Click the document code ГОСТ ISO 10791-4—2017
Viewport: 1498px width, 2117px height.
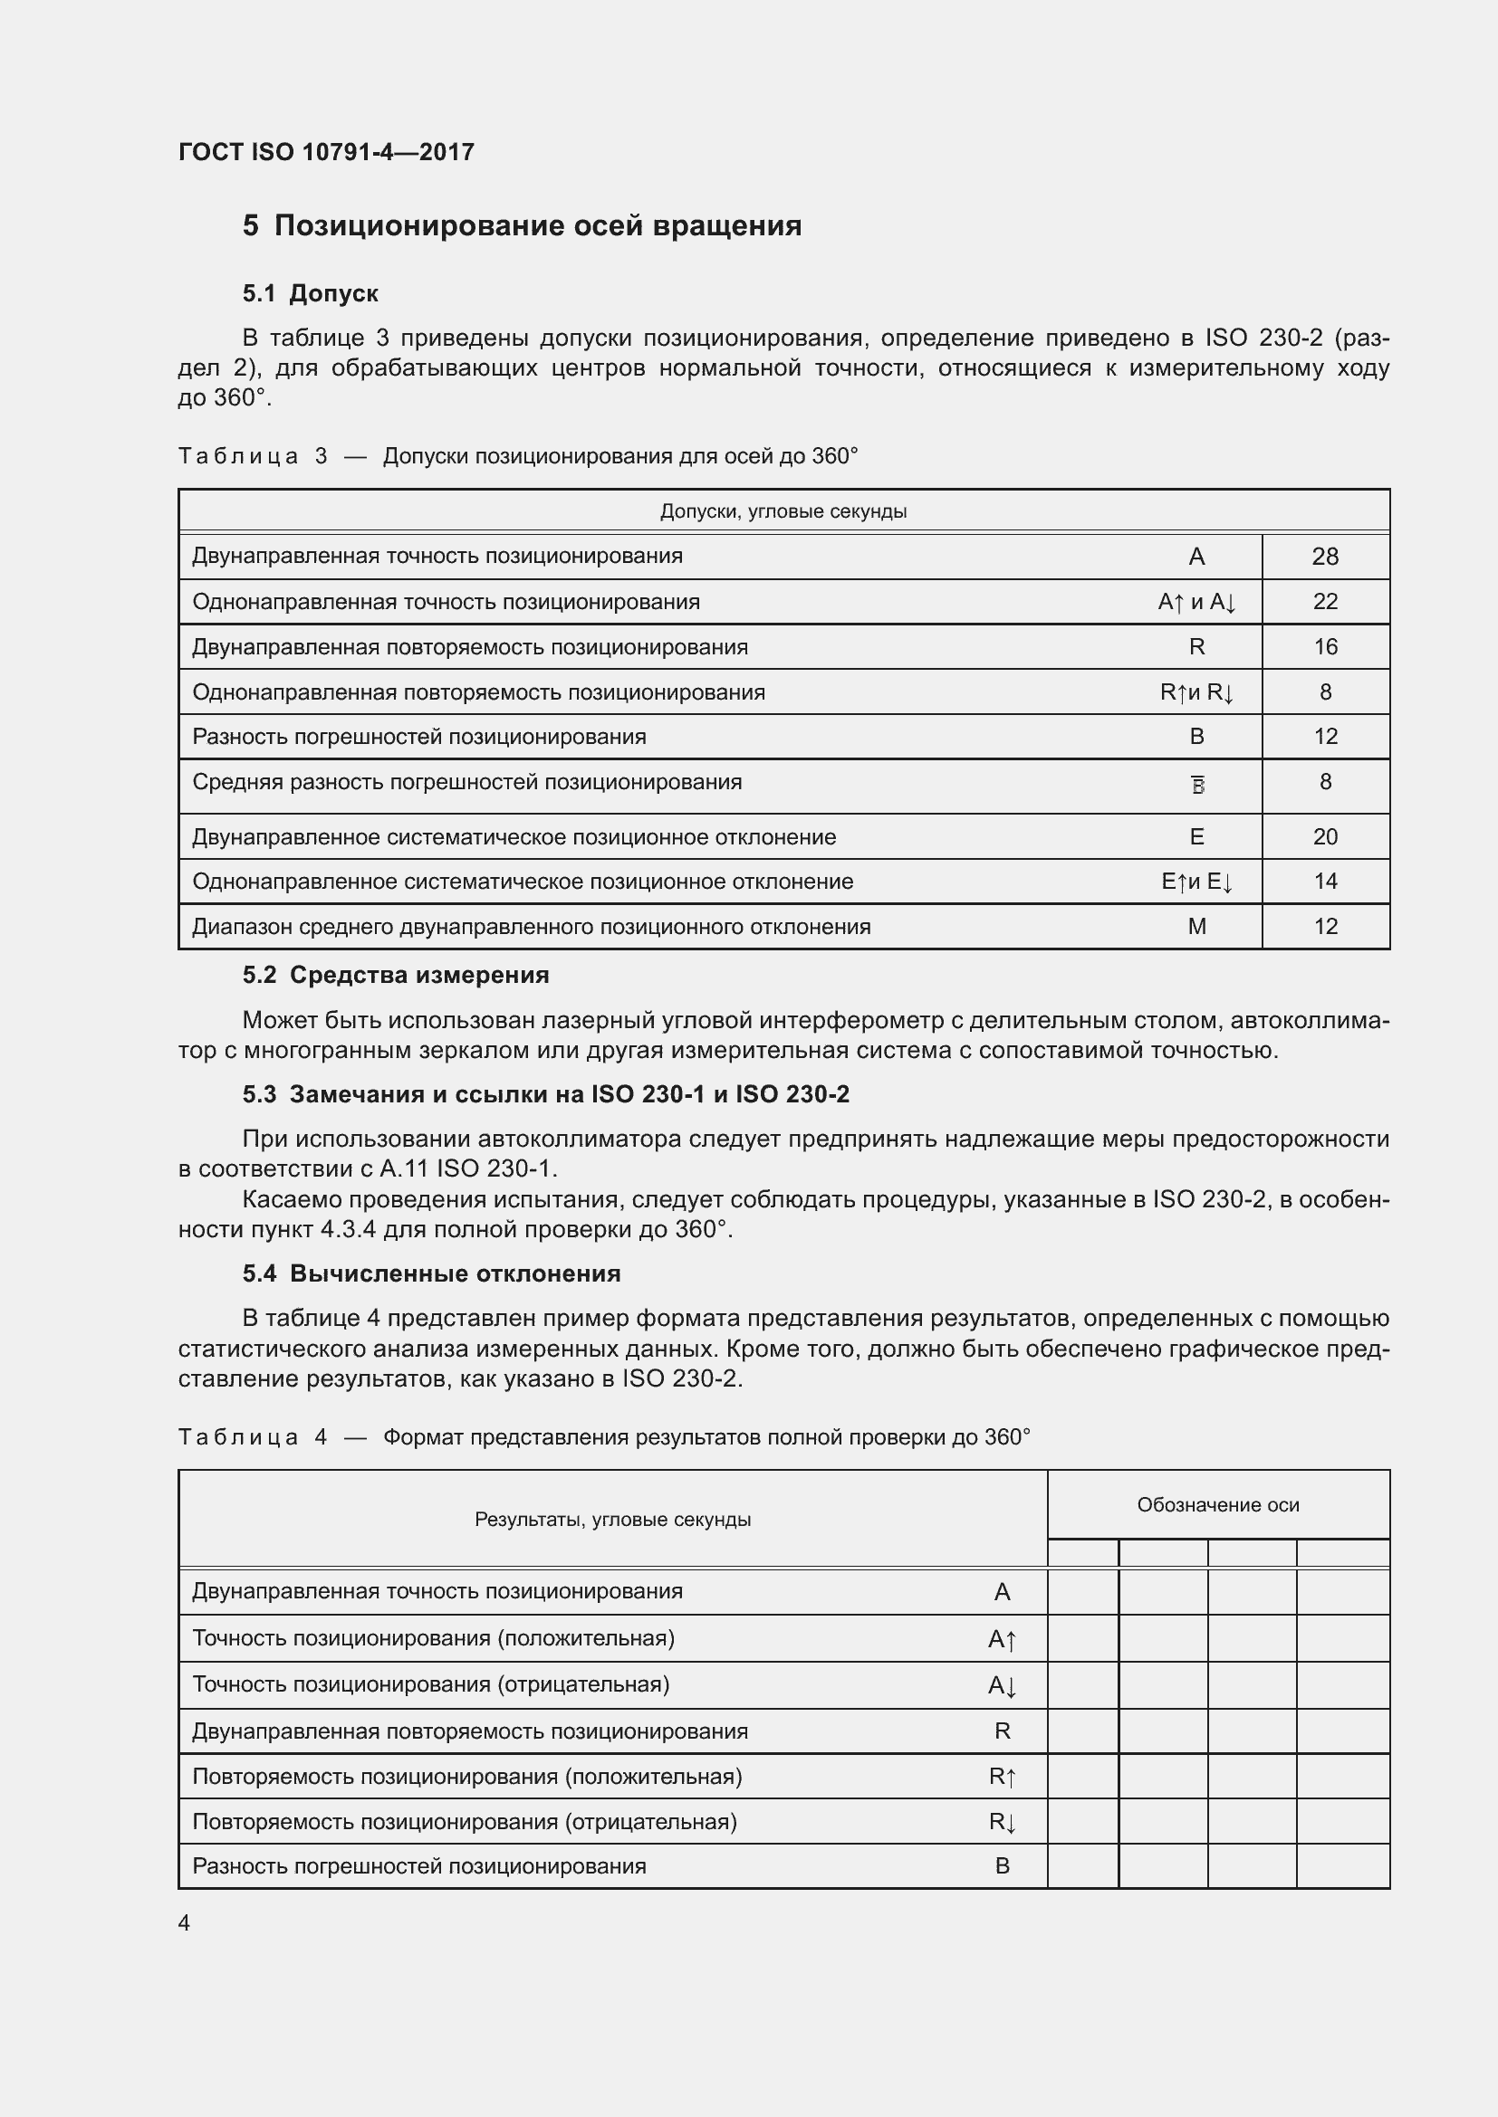[x=326, y=152]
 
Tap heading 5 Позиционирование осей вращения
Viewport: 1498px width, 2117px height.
[x=522, y=226]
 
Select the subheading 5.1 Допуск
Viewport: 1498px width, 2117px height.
[x=310, y=294]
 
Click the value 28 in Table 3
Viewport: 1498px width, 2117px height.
[x=1325, y=557]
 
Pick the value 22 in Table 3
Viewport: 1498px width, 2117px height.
[x=1325, y=602]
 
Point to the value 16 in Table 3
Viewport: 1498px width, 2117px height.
[x=1325, y=647]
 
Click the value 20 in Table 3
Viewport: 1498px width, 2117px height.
[x=1325, y=837]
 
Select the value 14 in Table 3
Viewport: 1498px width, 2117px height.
[x=1325, y=882]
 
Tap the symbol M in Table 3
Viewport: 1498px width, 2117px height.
[x=1196, y=927]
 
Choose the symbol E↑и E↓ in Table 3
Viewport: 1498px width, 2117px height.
[x=1196, y=882]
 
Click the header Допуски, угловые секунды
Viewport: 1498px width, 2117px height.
[x=783, y=511]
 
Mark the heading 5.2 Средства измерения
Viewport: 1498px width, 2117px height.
[x=396, y=976]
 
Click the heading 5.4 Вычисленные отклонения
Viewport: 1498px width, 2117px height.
[x=431, y=1274]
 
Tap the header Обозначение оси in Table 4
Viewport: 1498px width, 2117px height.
[x=1217, y=1506]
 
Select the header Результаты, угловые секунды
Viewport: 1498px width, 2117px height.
[x=612, y=1521]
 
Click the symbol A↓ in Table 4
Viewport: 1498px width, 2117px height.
[x=1002, y=1686]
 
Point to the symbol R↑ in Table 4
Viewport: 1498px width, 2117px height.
[x=1002, y=1777]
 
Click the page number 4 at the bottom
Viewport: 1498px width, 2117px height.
[x=184, y=1923]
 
